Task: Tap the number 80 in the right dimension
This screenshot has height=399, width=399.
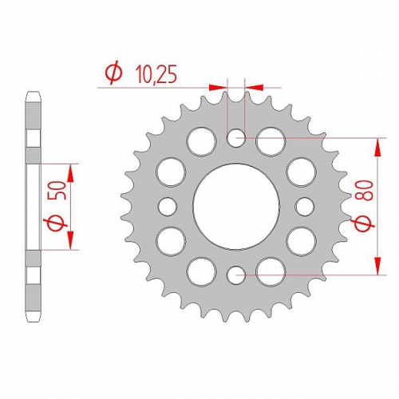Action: (365, 190)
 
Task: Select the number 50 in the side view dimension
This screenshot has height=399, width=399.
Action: (60, 191)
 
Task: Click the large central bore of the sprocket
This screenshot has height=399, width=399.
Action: (236, 207)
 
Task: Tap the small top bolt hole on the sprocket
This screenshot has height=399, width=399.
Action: (235, 137)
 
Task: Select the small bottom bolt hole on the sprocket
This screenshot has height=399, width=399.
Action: (235, 275)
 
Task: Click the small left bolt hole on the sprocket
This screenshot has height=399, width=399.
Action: (168, 206)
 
